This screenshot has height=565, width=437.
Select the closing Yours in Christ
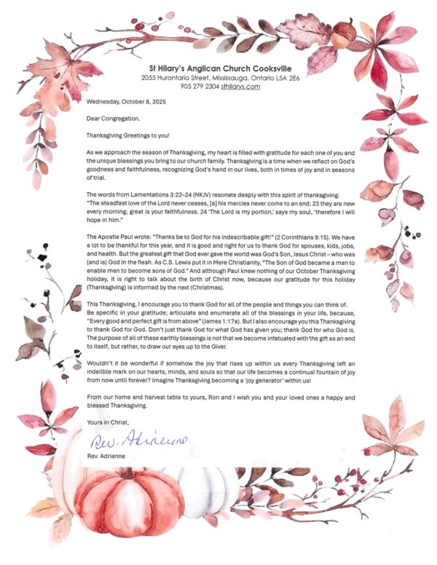[109, 422]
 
